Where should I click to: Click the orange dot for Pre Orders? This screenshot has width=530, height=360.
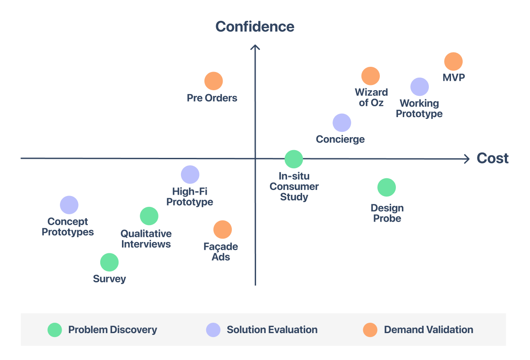click(x=214, y=81)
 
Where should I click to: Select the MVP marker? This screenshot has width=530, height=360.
click(x=453, y=62)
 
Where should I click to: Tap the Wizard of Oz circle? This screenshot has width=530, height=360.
click(x=370, y=76)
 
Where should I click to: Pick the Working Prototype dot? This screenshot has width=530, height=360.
click(x=419, y=87)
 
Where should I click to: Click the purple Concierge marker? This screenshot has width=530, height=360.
click(x=342, y=123)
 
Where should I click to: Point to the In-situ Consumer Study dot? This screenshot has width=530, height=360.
click(x=293, y=159)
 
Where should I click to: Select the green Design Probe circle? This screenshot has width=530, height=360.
click(x=386, y=187)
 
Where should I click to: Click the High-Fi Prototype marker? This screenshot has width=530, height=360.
click(x=190, y=175)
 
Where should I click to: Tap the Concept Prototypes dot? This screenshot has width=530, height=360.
click(x=69, y=205)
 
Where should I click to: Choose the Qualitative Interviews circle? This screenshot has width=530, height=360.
click(x=149, y=216)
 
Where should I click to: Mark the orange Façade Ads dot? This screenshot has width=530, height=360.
click(x=223, y=230)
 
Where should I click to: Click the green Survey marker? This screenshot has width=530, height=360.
click(x=109, y=262)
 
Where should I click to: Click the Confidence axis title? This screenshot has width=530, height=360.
click(x=255, y=27)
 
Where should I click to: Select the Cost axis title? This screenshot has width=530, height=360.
click(x=493, y=158)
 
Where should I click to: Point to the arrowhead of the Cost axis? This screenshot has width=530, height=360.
click(x=467, y=159)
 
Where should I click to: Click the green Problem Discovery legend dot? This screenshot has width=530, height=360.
click(x=55, y=330)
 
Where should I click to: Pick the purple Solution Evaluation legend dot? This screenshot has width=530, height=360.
click(x=213, y=330)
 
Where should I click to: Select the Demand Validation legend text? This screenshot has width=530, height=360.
click(x=428, y=330)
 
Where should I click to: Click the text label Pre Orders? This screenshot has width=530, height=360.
click(x=212, y=98)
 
